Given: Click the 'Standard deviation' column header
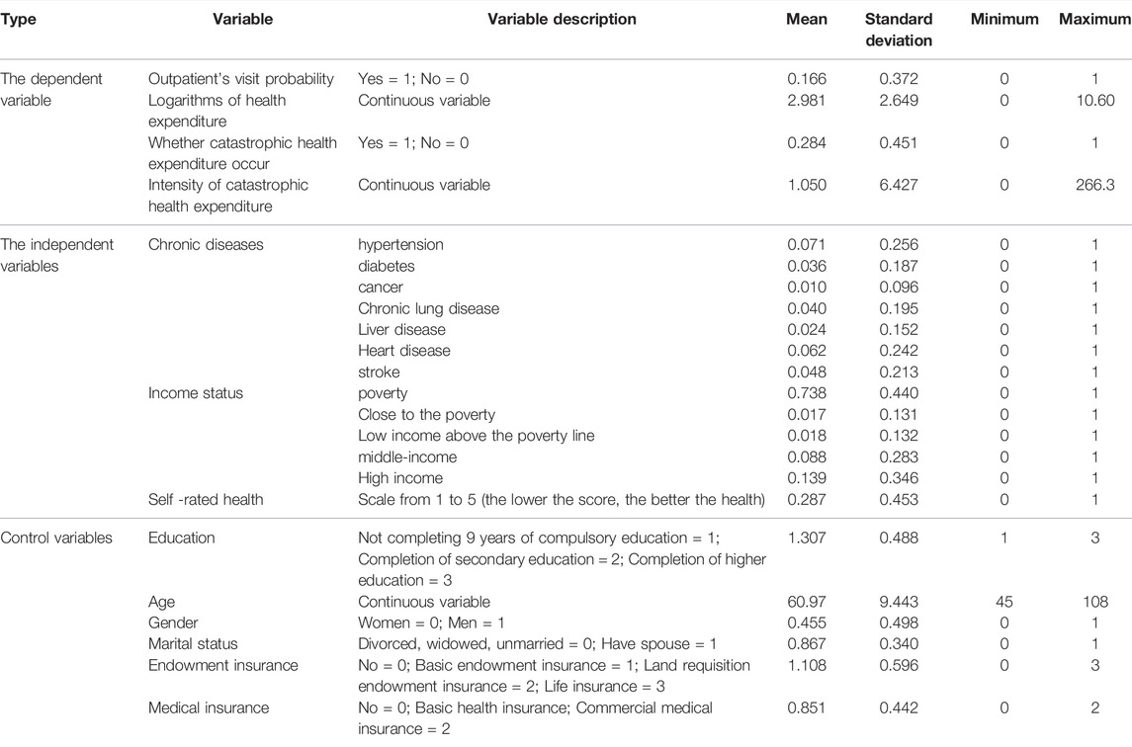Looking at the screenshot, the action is [x=898, y=30].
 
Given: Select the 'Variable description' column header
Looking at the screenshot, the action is [x=562, y=20].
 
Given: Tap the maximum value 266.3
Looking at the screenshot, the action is [x=1094, y=185].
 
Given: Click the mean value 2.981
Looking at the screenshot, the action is [x=807, y=101].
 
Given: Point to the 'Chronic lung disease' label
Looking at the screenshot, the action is [x=428, y=309].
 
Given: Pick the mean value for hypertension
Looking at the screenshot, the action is [x=807, y=245].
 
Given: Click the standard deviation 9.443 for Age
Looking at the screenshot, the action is [x=899, y=602].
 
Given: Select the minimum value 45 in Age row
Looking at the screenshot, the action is [x=1004, y=602].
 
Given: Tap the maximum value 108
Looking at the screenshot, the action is [x=1095, y=602].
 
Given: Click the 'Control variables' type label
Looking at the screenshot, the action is [x=56, y=539].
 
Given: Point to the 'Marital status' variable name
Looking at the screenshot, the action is [x=193, y=644].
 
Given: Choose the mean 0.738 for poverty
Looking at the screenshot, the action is [x=807, y=393].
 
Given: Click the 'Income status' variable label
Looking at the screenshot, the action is [x=196, y=393].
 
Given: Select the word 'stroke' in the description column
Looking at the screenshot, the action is [x=379, y=373].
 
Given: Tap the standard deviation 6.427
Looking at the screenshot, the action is [x=899, y=185].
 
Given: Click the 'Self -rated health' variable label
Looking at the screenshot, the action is [x=206, y=499].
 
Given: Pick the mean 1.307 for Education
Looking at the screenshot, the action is [x=807, y=539].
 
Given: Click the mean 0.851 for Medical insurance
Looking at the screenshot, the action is [x=807, y=708].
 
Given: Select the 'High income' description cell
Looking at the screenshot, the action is [x=400, y=478].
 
